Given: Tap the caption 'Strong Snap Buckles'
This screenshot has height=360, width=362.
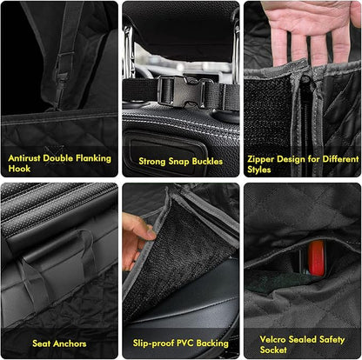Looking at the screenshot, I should (x=180, y=161).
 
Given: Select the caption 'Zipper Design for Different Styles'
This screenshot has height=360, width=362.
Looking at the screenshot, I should (x=301, y=164).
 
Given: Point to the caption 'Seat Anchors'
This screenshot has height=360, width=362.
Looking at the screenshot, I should (x=58, y=343).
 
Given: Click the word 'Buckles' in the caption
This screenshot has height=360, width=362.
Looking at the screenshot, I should (x=206, y=161).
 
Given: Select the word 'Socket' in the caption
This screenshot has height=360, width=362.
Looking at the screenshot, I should (x=272, y=350).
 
